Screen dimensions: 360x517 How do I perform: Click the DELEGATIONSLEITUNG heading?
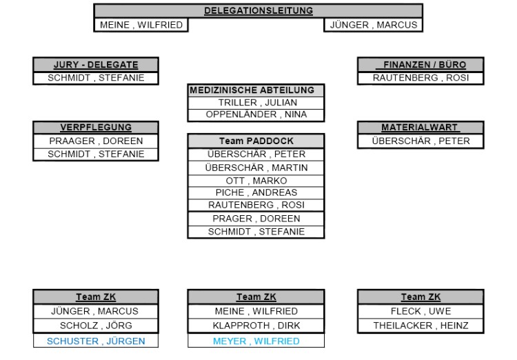[258, 10]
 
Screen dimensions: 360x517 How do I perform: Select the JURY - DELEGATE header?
[96, 65]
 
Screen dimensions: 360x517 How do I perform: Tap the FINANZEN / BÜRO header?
[419, 65]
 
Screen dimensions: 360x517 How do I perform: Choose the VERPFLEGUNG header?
[96, 128]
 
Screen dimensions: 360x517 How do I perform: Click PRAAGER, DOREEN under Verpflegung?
[96, 141]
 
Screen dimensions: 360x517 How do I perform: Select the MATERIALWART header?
[419, 128]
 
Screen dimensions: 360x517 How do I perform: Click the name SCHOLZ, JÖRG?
[96, 325]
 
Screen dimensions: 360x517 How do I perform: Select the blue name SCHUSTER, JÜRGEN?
[96, 340]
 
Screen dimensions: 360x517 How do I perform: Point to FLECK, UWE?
[419, 311]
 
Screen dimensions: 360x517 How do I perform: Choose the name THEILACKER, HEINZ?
[419, 325]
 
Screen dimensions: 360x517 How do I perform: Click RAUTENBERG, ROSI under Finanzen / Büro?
[419, 78]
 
